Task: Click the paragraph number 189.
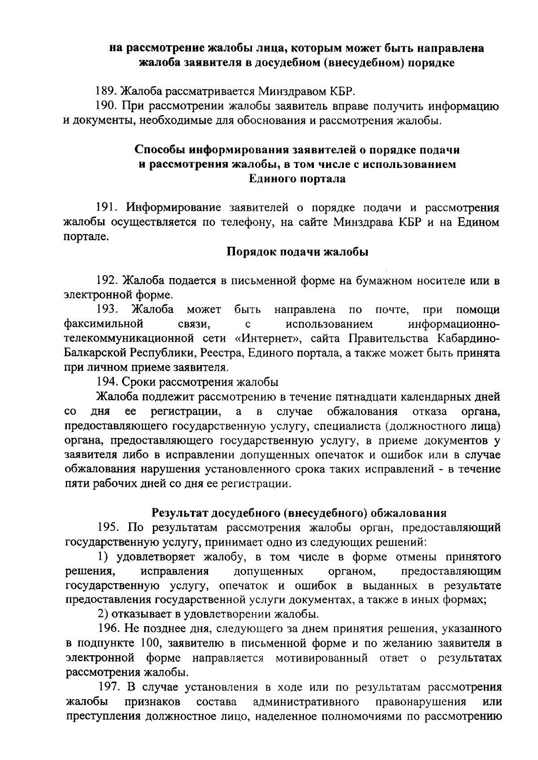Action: coord(107,92)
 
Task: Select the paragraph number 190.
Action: coord(107,106)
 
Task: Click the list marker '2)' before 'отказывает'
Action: coord(104,614)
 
